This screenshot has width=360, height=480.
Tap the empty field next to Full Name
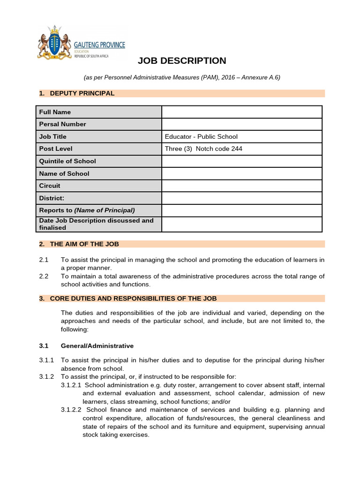(241, 112)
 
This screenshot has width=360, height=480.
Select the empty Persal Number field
(241, 124)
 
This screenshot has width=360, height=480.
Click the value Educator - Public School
(201, 137)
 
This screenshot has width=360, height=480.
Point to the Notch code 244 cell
(203, 149)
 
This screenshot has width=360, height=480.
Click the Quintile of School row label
(67, 161)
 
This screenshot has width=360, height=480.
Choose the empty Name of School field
(241, 173)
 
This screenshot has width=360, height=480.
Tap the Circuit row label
(50, 186)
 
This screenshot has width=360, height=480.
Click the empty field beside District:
(241, 198)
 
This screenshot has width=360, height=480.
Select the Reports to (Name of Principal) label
(87, 210)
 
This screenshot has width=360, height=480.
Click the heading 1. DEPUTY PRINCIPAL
(77, 93)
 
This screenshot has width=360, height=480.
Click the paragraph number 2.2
(44, 277)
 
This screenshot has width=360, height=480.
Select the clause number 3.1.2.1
(71, 385)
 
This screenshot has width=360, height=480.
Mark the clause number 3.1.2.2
(71, 410)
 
